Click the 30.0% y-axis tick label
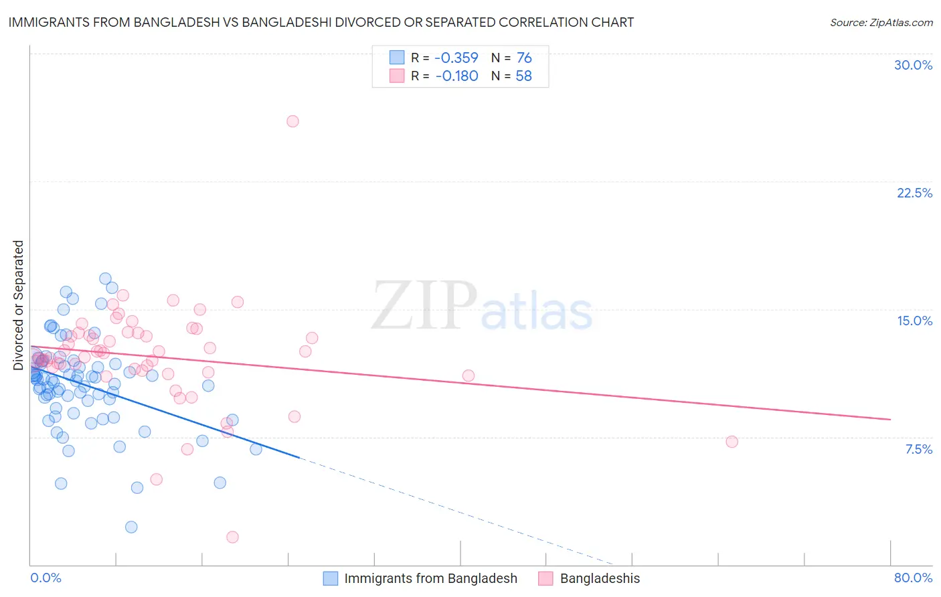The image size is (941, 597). click(913, 65)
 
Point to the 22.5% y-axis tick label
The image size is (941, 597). click(914, 193)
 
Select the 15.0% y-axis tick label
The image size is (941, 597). click(914, 321)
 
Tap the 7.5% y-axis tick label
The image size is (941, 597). click(918, 449)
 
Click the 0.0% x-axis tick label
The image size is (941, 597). click(46, 578)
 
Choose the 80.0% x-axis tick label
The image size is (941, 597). click(913, 578)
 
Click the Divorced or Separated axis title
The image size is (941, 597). click(18, 305)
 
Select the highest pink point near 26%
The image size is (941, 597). click(292, 121)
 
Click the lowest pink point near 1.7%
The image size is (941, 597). click(232, 537)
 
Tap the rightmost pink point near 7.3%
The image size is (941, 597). click(732, 442)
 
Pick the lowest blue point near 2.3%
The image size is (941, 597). click(131, 527)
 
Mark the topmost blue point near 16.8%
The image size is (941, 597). click(105, 278)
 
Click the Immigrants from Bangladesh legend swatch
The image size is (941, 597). click(330, 578)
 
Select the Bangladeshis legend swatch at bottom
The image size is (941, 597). click(545, 578)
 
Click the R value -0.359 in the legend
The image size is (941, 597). click(456, 58)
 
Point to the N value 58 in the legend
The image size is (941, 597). click(523, 76)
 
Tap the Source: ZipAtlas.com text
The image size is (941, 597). click(881, 23)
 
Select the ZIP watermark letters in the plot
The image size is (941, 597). click(424, 305)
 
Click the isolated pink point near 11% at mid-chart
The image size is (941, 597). click(468, 375)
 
